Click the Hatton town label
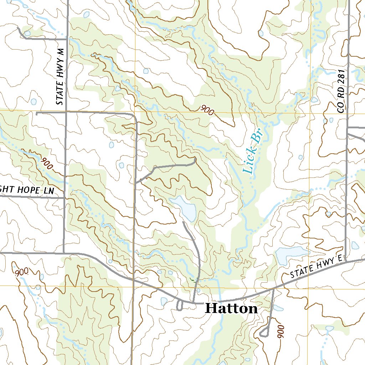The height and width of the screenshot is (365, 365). pyautogui.click(x=232, y=308)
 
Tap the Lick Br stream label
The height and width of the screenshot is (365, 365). pyautogui.click(x=252, y=151)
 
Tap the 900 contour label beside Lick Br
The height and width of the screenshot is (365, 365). pyautogui.click(x=207, y=110)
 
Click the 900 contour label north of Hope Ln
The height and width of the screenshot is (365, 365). pyautogui.click(x=46, y=163)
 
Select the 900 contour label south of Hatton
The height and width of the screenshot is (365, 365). pyautogui.click(x=281, y=331)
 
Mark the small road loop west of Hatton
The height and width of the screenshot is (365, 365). pyautogui.click(x=180, y=305)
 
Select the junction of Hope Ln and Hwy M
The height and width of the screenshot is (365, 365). pyautogui.click(x=65, y=197)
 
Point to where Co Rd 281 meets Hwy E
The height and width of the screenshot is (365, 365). pyautogui.click(x=346, y=261)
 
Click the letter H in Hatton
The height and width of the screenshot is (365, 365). pyautogui.click(x=211, y=308)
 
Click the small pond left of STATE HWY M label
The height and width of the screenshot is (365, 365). pyautogui.click(x=34, y=102)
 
